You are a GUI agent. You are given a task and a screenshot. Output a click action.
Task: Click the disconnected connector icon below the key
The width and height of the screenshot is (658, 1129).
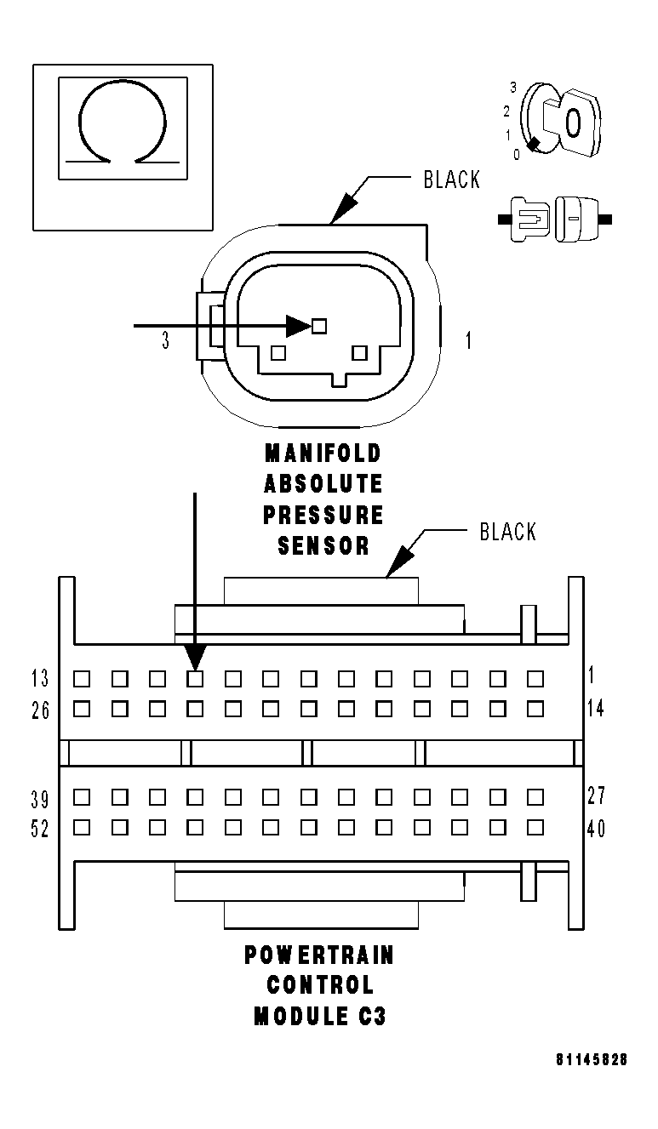click(x=554, y=219)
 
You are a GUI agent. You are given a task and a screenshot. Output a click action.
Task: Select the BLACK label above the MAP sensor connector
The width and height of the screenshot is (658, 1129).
click(x=451, y=180)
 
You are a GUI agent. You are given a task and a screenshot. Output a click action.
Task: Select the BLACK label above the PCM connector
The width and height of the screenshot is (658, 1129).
click(x=507, y=533)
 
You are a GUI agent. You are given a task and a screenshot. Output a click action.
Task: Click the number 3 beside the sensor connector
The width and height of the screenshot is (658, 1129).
click(x=165, y=341)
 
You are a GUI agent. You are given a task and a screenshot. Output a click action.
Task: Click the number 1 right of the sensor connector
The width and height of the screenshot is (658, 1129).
click(x=468, y=341)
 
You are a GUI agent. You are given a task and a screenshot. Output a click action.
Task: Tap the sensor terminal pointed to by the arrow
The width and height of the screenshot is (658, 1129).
click(x=319, y=325)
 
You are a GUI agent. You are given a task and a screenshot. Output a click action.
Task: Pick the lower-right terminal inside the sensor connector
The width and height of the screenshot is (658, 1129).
click(x=359, y=352)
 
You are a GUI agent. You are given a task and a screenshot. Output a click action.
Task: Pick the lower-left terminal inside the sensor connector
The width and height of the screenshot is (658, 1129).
click(x=276, y=352)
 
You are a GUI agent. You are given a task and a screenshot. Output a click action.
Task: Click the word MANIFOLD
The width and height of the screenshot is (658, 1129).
click(x=323, y=453)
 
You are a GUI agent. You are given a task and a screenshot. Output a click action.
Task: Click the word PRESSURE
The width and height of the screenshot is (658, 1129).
click(x=323, y=515)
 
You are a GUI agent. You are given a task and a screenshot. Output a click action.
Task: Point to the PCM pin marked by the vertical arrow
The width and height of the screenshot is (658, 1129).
click(x=195, y=678)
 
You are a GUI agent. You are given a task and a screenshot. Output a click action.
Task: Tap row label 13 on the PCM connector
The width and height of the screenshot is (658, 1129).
click(x=40, y=678)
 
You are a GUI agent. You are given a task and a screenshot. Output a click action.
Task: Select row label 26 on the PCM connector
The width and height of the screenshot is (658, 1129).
click(x=40, y=709)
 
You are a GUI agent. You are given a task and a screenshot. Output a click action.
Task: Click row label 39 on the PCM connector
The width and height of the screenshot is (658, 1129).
click(x=40, y=799)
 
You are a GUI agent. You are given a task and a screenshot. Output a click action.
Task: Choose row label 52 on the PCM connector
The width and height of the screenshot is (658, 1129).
click(x=40, y=829)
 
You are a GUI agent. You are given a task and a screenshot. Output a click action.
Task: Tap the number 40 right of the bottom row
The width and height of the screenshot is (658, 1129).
click(x=596, y=828)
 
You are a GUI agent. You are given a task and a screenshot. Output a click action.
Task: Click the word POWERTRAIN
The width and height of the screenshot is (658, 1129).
click(x=319, y=955)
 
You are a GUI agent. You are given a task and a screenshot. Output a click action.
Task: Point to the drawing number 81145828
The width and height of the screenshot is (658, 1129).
click(x=592, y=1060)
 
